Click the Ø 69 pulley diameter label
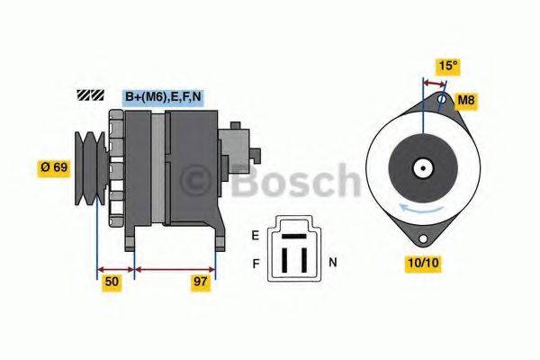pos(53,166)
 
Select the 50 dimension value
pos(112,282)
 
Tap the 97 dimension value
pos(202,282)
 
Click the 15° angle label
pos(447,66)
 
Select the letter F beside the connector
pos(256,263)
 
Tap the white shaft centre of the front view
pos(421,167)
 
